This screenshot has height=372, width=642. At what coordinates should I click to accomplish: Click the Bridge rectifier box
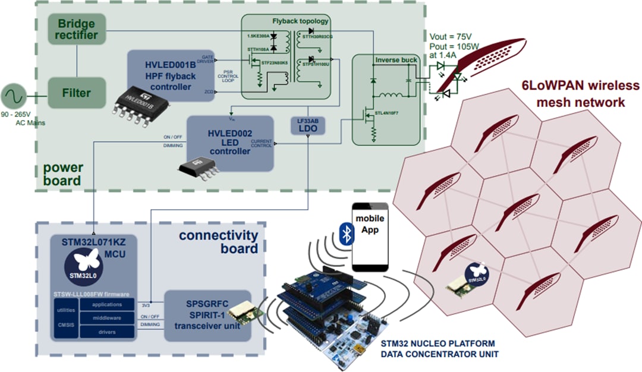77,30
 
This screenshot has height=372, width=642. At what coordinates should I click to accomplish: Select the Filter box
77,93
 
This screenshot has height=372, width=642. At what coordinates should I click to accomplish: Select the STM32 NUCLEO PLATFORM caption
437,344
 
